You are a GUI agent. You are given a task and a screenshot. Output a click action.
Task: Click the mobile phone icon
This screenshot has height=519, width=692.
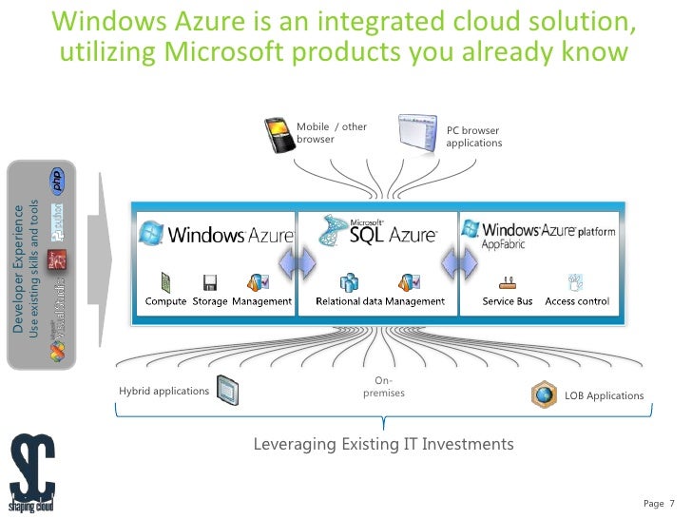(x=277, y=135)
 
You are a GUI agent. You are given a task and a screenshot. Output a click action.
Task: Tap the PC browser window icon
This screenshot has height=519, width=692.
(x=417, y=135)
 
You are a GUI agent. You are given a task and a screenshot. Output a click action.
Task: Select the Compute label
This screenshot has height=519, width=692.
(x=165, y=301)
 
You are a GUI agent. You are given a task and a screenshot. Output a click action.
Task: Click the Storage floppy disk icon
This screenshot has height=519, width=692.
(x=210, y=282)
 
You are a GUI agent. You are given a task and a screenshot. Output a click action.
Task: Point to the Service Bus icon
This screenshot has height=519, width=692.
(x=507, y=282)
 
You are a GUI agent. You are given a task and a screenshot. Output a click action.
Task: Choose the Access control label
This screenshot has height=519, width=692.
(x=577, y=301)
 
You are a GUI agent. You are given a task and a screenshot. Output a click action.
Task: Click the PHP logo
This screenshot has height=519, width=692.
(x=58, y=183)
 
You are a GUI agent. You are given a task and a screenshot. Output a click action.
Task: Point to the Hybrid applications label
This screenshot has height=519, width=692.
(x=163, y=391)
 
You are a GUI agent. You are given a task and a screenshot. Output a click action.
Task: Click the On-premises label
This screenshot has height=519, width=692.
(x=384, y=387)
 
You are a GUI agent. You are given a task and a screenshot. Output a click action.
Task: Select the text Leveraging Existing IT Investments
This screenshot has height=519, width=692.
(x=383, y=444)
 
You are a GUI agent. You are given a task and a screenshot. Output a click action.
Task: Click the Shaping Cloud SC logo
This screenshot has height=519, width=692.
(x=32, y=472)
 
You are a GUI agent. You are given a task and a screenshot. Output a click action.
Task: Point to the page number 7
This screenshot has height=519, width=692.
(x=672, y=503)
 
